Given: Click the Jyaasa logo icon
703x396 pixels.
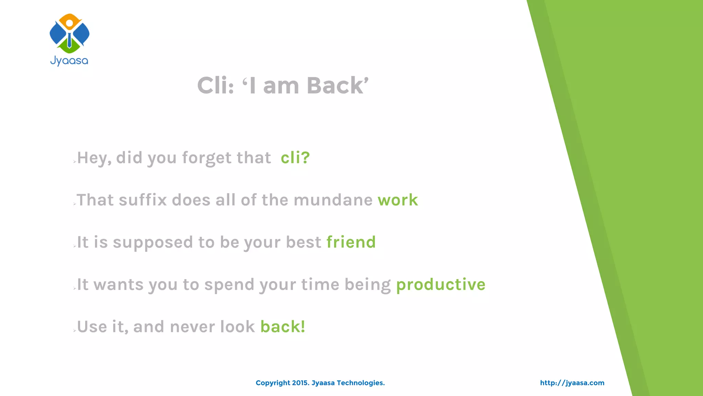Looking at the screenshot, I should pos(69,33).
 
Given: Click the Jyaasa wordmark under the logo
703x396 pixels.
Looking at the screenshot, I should pos(69,61).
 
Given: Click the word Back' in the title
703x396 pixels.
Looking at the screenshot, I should pos(337,85).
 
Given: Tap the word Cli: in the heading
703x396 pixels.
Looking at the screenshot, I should pos(216,85).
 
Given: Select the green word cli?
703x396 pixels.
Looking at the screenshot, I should pos(295,158).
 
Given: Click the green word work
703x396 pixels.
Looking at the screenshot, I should pos(398,200).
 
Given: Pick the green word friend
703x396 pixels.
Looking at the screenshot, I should pos(351,242).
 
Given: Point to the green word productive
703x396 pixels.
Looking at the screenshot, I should pos(441,285).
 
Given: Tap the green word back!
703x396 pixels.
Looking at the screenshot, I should pos(283,327).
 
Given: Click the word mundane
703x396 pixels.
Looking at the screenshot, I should pos(333,200).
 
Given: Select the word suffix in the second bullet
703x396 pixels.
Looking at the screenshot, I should pos(143,200).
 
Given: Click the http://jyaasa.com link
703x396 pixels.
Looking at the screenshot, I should pos(572,383).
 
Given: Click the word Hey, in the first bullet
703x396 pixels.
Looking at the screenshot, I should pos(94,158).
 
